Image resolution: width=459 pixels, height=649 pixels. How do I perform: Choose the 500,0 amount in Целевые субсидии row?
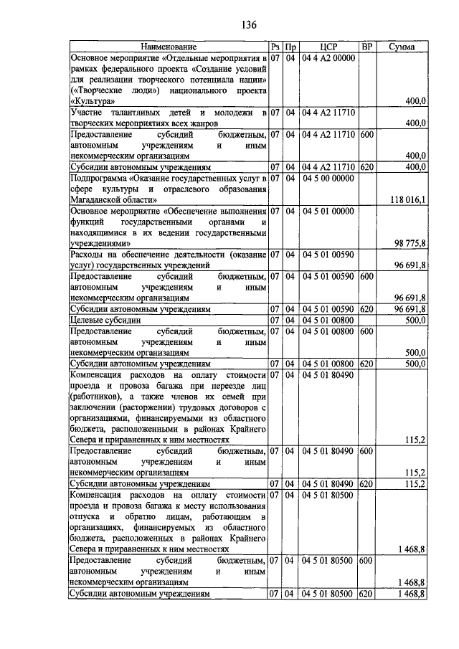point(415,320)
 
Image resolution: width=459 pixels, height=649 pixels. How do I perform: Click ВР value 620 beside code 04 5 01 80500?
point(366,594)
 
